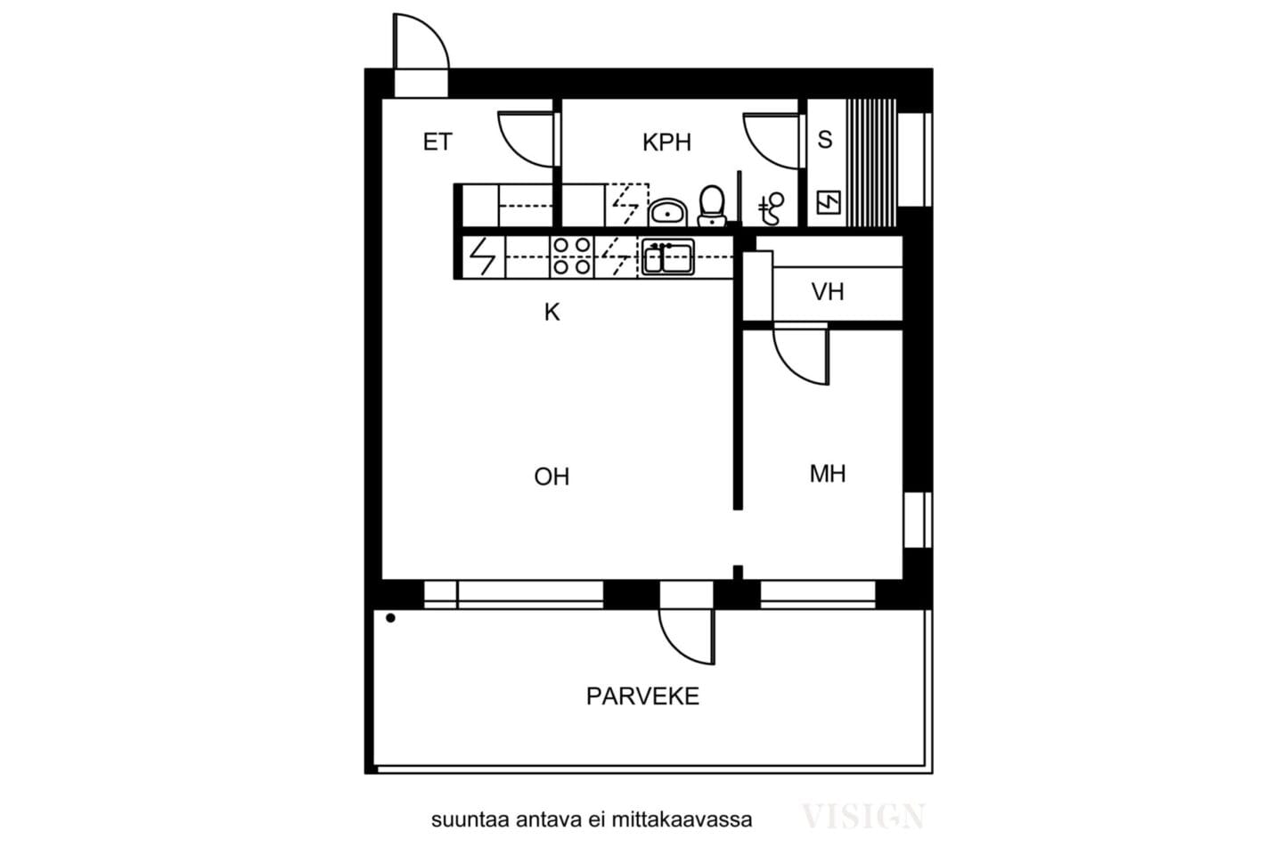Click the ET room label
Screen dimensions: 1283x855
[437, 142]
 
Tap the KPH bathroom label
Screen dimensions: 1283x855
[666, 142]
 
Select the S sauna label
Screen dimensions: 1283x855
[825, 140]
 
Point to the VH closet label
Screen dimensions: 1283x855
[828, 292]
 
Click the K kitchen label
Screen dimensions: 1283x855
[552, 313]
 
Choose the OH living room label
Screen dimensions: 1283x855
[552, 476]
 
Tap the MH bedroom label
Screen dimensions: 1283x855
[828, 474]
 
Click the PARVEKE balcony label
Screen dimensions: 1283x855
[642, 696]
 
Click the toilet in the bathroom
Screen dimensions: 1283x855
[712, 206]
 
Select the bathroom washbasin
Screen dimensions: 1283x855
[667, 213]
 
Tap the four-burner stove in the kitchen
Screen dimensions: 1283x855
[572, 257]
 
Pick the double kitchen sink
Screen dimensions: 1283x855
[668, 257]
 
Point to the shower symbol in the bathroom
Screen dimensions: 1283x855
[771, 208]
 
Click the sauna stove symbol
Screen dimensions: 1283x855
[829, 203]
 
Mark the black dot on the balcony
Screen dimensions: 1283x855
[390, 618]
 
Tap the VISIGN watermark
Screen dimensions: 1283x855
[862, 816]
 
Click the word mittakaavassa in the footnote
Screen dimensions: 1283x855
[682, 820]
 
